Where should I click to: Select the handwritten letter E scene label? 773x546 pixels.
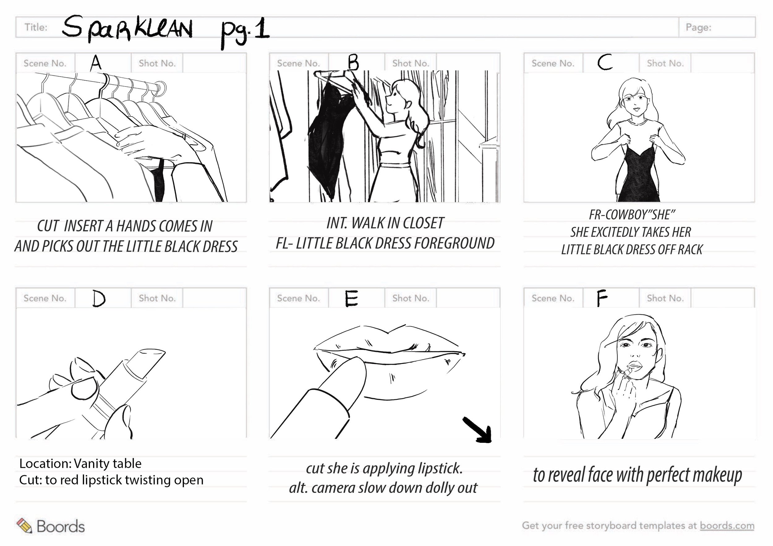coord(352,299)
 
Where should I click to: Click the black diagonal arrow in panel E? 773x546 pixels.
coord(478,430)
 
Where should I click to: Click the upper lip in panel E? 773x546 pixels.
coord(387,340)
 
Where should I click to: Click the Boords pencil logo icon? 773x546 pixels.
coord(24,526)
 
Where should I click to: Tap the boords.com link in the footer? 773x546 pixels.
coord(727,526)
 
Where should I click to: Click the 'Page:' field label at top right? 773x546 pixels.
coord(698,27)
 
